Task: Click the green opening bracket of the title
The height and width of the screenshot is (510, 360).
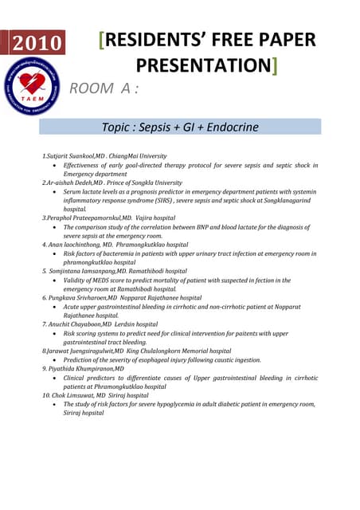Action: click(x=101, y=40)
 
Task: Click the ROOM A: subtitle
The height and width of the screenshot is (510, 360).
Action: click(x=104, y=88)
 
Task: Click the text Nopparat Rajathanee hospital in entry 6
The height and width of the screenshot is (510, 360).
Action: click(x=170, y=298)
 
